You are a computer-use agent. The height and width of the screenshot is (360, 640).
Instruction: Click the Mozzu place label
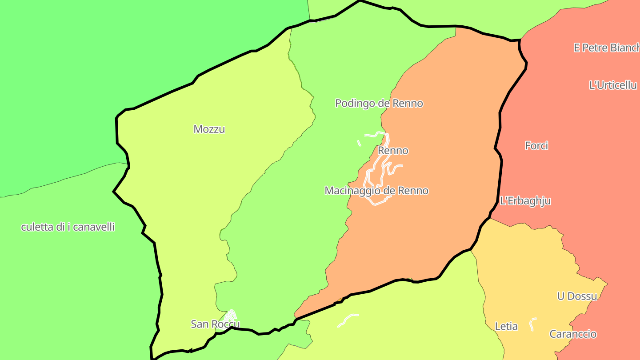[209, 129]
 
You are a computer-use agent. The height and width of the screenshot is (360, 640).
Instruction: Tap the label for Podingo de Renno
[379, 104]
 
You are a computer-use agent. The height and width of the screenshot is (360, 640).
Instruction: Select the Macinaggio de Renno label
[376, 191]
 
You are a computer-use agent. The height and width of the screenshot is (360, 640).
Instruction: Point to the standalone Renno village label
[393, 151]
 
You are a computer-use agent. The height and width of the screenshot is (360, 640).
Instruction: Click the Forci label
[536, 145]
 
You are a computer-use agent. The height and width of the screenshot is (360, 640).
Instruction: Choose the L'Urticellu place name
[612, 85]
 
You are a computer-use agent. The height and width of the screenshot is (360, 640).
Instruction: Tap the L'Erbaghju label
[525, 201]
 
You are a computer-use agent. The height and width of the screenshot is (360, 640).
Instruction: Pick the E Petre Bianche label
[606, 48]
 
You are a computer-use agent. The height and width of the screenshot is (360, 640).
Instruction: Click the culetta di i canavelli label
[68, 227]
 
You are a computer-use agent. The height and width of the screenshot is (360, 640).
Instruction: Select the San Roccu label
[215, 324]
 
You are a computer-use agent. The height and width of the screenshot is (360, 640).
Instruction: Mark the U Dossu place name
[577, 296]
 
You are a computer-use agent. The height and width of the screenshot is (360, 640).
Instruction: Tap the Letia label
[506, 327]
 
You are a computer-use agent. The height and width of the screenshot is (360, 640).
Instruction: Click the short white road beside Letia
[532, 324]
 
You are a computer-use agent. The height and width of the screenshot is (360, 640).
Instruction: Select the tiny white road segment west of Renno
[359, 143]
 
